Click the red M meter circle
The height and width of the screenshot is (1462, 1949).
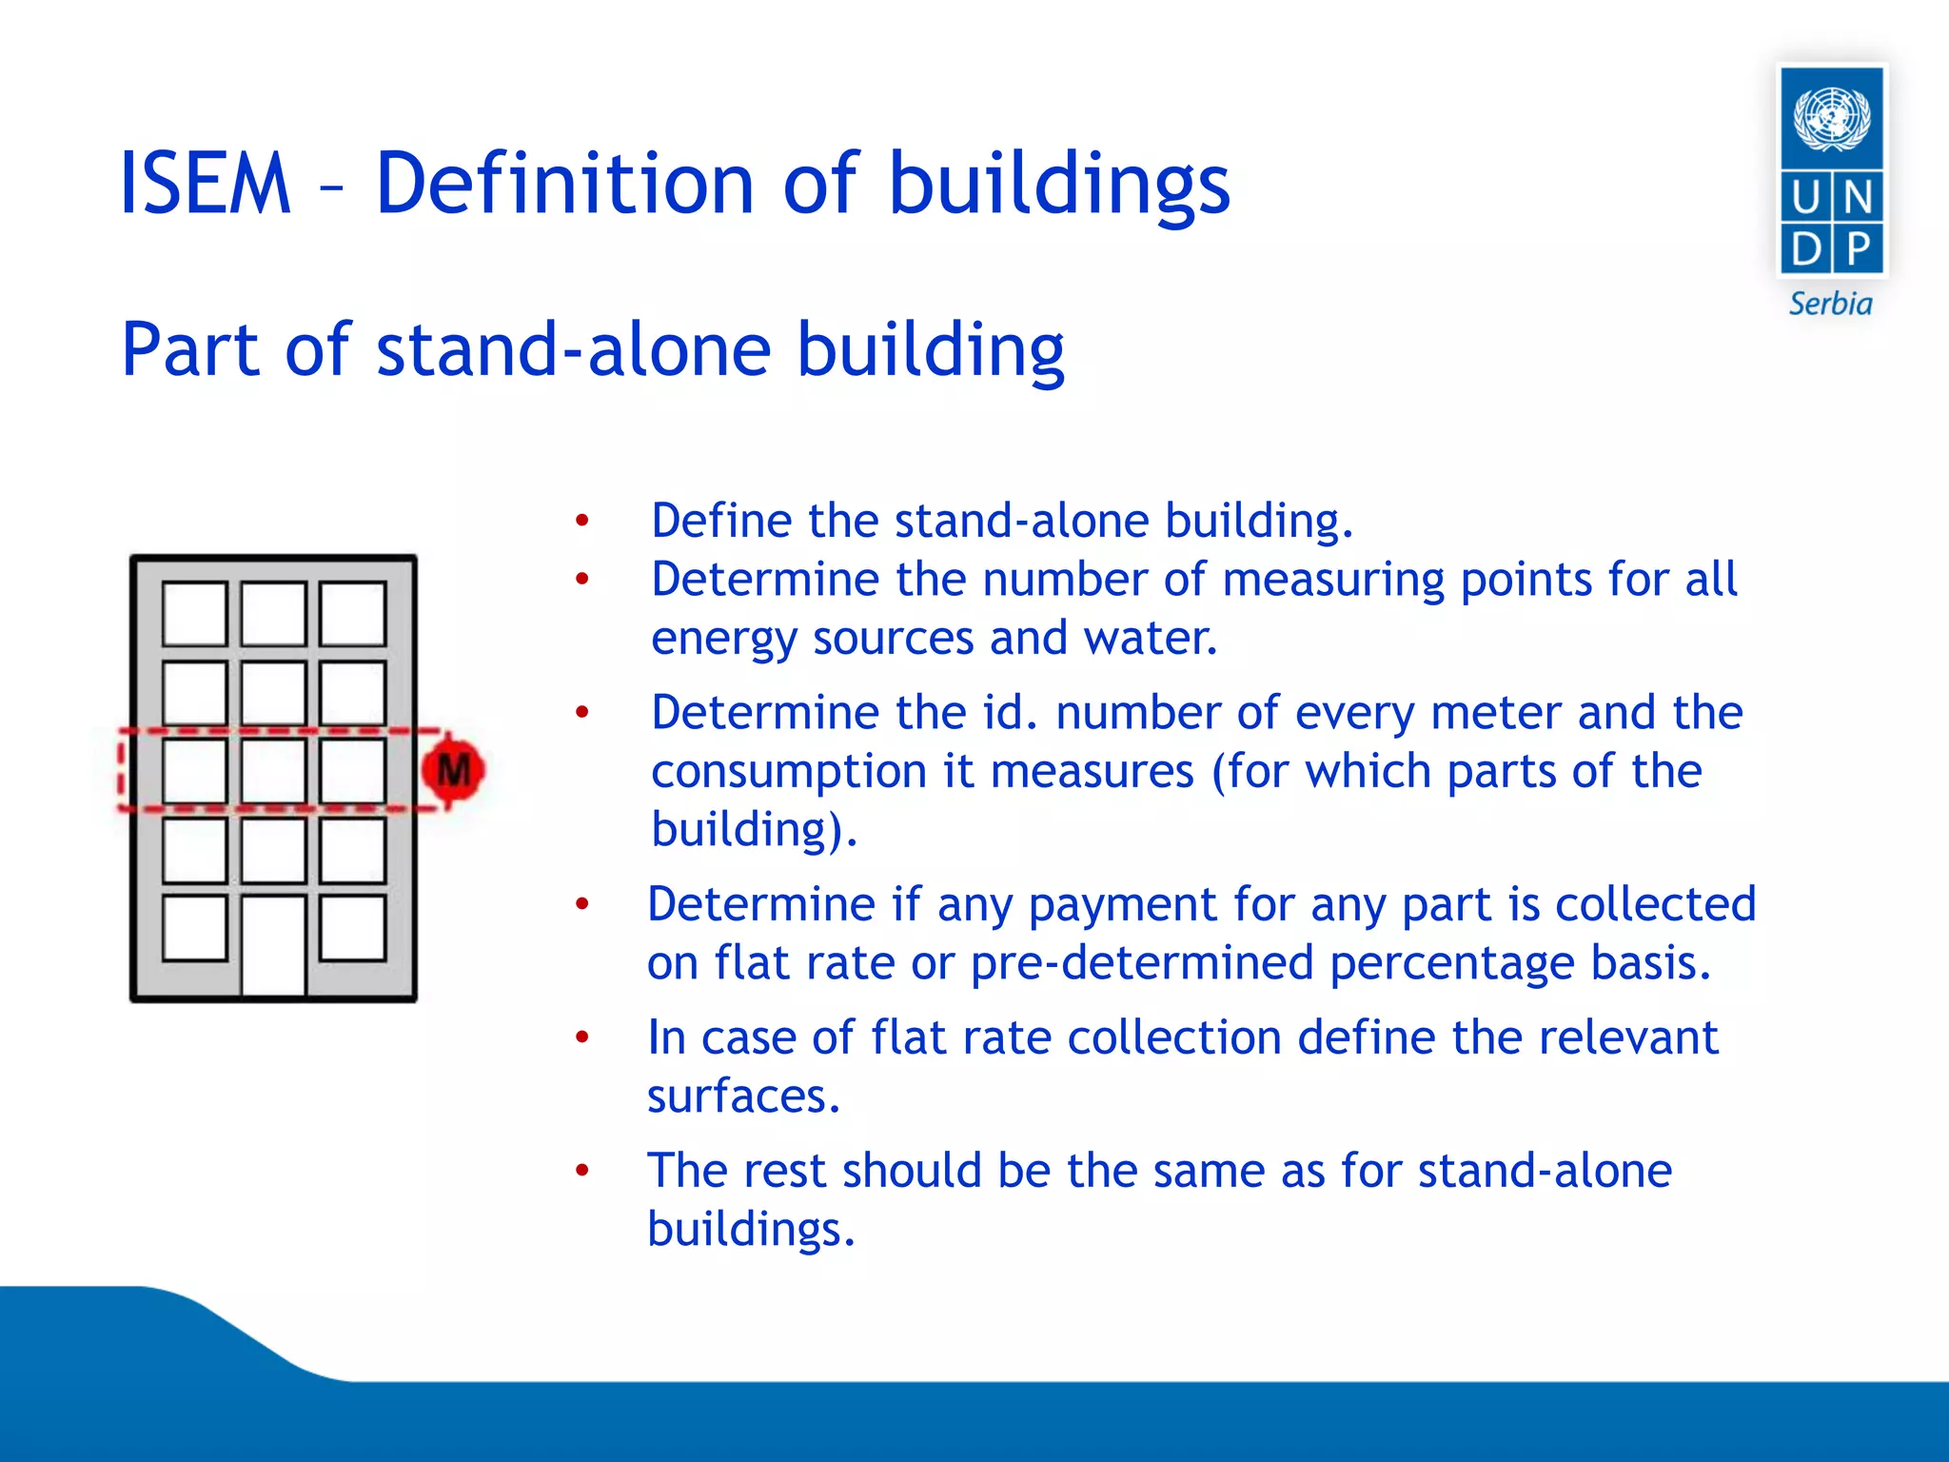pos(453,769)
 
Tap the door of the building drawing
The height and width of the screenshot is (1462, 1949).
pos(273,945)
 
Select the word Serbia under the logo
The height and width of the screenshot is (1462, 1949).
pos(1830,304)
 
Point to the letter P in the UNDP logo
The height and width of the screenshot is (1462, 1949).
pos(1858,249)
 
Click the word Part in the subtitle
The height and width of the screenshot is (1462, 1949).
pos(190,349)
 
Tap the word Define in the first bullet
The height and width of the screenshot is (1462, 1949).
pos(721,521)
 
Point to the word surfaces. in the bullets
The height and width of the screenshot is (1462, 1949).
pos(743,1096)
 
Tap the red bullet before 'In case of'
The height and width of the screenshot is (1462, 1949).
pos(582,1037)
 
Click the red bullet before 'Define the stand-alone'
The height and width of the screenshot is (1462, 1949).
pos(582,521)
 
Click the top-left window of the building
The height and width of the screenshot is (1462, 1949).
pos(194,614)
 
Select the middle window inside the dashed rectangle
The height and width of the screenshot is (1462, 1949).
pos(273,771)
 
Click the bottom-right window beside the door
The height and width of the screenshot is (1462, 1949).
pos(352,927)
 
